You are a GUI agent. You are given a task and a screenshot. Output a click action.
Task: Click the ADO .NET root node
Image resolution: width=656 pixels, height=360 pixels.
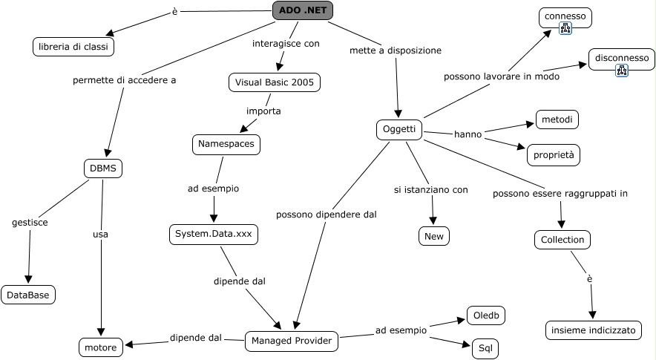(303, 10)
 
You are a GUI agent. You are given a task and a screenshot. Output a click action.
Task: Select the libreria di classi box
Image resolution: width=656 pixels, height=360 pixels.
(73, 47)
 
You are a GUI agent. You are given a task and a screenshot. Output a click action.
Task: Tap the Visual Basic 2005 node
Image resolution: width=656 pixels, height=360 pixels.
(275, 82)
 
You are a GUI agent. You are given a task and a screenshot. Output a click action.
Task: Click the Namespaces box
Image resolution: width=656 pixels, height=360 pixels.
(226, 144)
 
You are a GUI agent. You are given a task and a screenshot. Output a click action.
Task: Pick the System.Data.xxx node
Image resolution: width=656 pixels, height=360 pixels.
(214, 235)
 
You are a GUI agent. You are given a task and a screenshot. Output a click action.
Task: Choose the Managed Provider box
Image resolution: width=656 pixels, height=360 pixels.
(292, 341)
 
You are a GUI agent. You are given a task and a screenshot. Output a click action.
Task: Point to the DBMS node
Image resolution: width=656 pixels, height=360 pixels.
(103, 168)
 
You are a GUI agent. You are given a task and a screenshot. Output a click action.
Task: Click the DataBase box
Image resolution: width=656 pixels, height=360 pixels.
(28, 295)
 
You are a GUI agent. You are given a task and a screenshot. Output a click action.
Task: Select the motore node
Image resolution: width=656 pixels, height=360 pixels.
(101, 347)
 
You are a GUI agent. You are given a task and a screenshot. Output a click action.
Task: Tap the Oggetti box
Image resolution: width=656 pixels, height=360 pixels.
(399, 130)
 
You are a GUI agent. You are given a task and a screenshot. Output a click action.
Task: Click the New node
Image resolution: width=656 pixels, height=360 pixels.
(433, 236)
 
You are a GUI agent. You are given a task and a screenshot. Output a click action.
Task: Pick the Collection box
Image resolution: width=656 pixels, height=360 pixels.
(562, 240)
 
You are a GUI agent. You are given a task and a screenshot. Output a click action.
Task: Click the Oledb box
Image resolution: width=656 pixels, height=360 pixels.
(486, 315)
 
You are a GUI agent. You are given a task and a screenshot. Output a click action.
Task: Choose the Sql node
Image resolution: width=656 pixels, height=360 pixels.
(485, 347)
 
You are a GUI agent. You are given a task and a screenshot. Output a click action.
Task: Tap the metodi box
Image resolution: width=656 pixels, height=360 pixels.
(557, 120)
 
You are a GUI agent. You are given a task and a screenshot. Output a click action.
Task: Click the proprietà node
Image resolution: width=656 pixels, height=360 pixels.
(553, 155)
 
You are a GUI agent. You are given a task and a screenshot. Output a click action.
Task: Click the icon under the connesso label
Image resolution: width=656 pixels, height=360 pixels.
(565, 29)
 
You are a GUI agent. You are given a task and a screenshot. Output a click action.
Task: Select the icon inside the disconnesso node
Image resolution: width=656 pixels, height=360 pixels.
(622, 71)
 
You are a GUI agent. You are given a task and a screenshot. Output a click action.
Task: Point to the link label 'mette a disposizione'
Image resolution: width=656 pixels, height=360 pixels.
(396, 50)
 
